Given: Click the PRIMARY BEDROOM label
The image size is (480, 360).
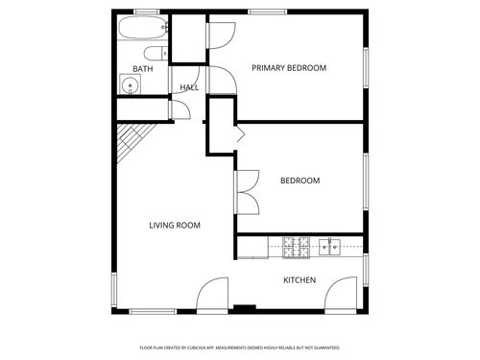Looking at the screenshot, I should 289,68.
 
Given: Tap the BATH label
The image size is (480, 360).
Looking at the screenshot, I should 142,69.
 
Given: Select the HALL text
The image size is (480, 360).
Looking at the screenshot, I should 188,88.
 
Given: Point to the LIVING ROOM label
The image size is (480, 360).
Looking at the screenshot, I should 174,226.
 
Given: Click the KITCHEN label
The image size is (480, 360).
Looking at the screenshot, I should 299,280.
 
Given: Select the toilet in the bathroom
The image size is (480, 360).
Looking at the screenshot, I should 155,53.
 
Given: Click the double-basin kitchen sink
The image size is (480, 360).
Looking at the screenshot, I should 330,246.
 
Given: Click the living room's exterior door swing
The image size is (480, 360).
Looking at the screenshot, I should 215,295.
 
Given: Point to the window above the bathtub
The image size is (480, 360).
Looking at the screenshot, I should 146,12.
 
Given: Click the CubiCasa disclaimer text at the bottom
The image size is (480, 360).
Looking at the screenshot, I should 239,348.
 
